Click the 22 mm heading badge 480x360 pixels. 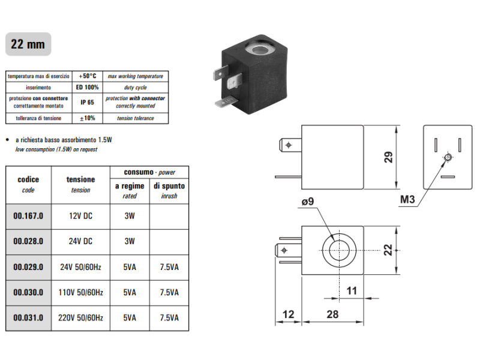(x=28, y=44)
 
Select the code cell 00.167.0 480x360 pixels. (x=28, y=216)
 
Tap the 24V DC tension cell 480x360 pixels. (x=80, y=242)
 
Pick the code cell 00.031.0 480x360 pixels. (x=28, y=318)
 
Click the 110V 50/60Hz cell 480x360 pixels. (x=80, y=293)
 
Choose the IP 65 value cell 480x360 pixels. (x=87, y=103)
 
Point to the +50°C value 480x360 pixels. (x=87, y=76)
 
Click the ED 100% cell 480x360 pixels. (x=87, y=87)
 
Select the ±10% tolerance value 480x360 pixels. (x=87, y=118)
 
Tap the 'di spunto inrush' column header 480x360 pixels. (x=169, y=191)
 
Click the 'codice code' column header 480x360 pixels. (x=28, y=185)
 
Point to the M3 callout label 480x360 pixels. (x=407, y=200)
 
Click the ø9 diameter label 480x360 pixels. (x=308, y=202)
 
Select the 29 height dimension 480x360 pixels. (x=388, y=157)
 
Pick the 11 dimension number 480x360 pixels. (x=352, y=290)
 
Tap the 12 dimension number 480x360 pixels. (x=288, y=314)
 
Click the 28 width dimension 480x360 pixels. (x=332, y=314)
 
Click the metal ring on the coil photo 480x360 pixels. (x=259, y=49)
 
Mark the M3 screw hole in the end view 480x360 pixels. (x=448, y=157)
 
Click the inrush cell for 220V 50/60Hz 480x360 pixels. (x=169, y=318)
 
